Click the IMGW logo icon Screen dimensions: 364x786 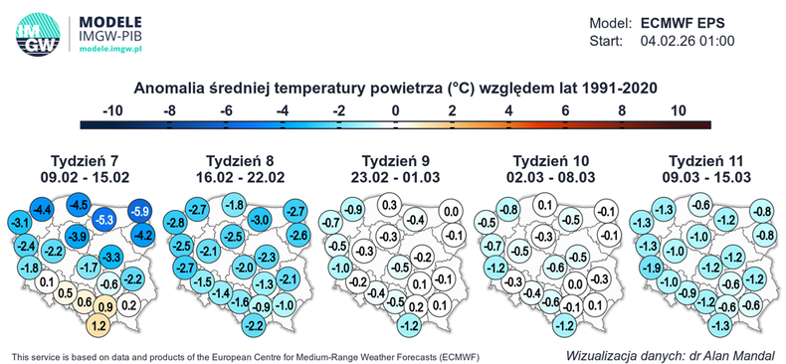tap(37, 31)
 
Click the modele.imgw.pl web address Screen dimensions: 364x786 tap(112, 48)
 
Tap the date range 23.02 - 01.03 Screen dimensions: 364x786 tap(394, 176)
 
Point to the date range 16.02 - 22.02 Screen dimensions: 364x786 tap(240, 176)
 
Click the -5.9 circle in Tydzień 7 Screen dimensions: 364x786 tap(140, 212)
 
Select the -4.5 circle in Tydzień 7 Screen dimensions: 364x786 tap(79, 205)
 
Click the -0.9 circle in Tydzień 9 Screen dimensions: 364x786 tap(351, 209)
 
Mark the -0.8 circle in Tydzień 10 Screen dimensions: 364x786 tap(507, 209)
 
